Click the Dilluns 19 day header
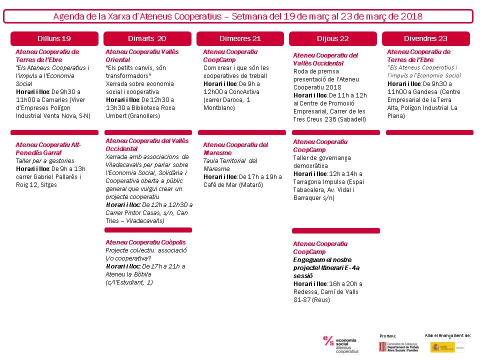pyautogui.click(x=54, y=38)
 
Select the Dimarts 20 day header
pyautogui.click(x=147, y=38)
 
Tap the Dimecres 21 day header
pyautogui.click(x=240, y=38)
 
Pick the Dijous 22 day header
pyautogui.click(x=332, y=38)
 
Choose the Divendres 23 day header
pyautogui.click(x=425, y=38)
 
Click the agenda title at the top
pyautogui.click(x=238, y=16)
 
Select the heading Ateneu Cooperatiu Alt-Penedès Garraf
pyautogui.click(x=47, y=148)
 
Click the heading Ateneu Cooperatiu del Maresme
pyautogui.click(x=235, y=148)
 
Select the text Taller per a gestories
pyautogui.click(x=45, y=161)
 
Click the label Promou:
pyautogui.click(x=387, y=335)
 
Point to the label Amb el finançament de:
pyautogui.click(x=447, y=335)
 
